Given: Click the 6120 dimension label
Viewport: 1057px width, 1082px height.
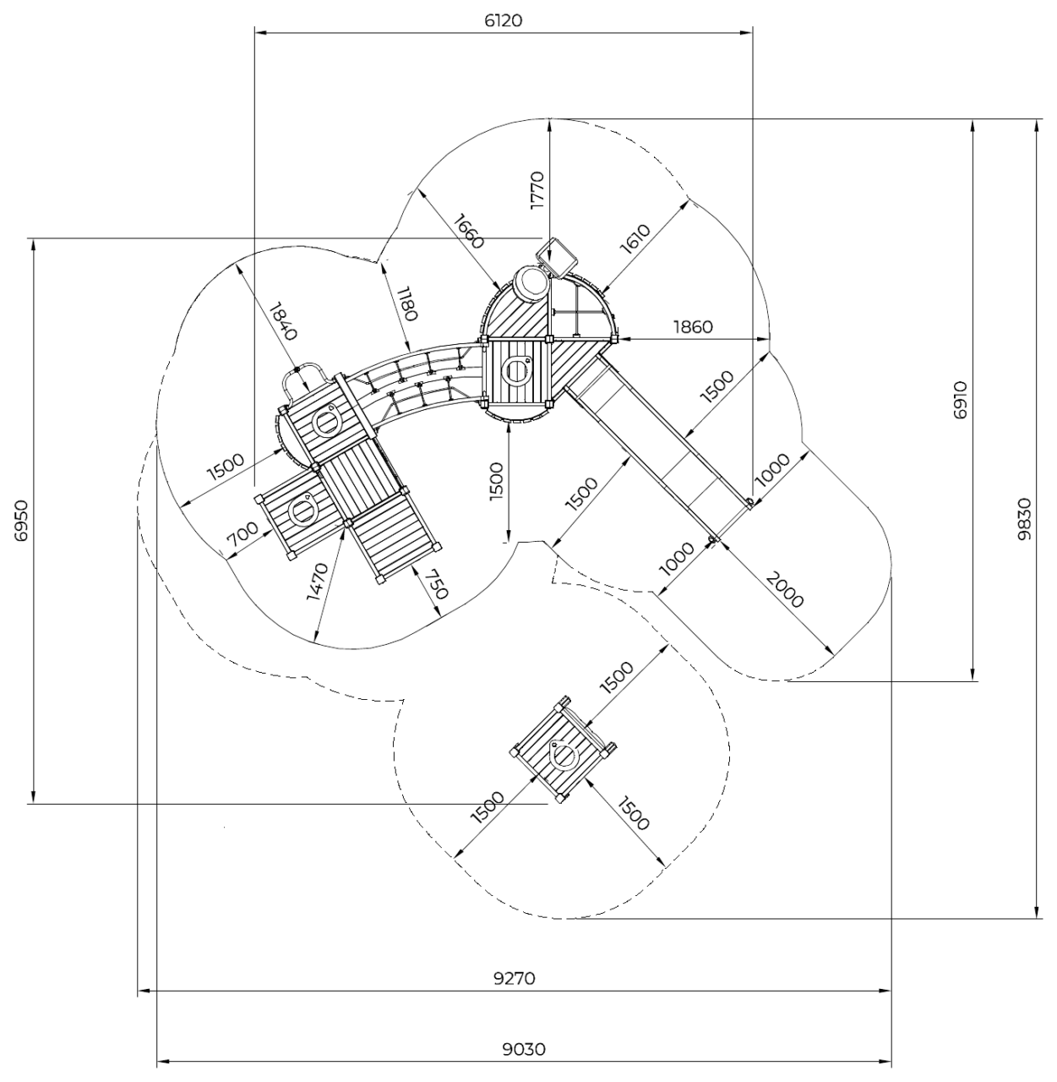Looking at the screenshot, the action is (504, 20).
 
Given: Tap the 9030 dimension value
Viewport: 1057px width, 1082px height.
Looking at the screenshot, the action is (524, 1049).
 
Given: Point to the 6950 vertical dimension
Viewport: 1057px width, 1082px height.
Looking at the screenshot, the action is (21, 521).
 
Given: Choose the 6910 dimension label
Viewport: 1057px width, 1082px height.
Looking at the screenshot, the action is (961, 400).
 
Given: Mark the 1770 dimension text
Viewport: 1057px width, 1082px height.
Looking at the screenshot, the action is (537, 190).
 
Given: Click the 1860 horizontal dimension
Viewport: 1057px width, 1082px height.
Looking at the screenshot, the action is (693, 326).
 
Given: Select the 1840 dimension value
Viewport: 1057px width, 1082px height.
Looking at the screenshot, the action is (283, 321).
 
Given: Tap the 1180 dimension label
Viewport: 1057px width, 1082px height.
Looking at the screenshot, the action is (406, 303).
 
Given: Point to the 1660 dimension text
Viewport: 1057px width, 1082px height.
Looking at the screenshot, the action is (469, 230).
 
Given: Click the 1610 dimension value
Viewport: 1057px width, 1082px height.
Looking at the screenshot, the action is (635, 239).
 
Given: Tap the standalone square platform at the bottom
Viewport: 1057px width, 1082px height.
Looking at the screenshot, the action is (563, 750).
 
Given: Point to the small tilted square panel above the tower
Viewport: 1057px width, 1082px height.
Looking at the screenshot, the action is (557, 257).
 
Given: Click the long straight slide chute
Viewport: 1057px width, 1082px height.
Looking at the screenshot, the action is (657, 447).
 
